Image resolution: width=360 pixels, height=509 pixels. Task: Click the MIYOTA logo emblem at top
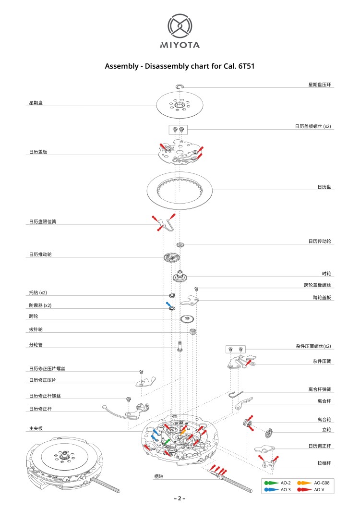coord(180,26)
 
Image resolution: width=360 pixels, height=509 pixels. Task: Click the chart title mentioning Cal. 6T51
coord(180,66)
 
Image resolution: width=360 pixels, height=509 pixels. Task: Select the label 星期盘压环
coord(319,85)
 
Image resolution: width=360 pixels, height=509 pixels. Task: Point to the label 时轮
coord(326,273)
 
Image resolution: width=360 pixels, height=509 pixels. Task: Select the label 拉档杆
coord(324,463)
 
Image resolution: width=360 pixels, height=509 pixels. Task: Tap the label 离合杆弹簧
coord(319,389)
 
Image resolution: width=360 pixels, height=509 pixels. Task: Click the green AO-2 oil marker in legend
coord(271,482)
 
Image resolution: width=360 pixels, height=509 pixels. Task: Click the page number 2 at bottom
coord(180,498)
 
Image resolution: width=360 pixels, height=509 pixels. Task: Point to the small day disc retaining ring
coord(180,86)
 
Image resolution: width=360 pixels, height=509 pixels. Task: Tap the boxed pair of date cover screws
coord(179,129)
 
